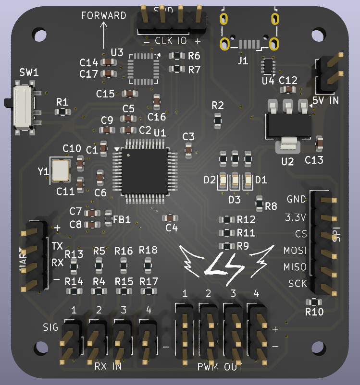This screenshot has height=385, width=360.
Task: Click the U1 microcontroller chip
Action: [145, 171]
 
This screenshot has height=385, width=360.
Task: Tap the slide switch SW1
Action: [23, 107]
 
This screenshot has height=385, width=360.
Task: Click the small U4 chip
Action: [268, 66]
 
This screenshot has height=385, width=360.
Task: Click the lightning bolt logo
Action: [224, 263]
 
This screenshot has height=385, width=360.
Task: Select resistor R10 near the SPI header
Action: [314, 302]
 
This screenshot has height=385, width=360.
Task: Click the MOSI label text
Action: [295, 251]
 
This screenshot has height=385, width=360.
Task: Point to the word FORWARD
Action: [104, 15]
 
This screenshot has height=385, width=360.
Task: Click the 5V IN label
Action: [325, 100]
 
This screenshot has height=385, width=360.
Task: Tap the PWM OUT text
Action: [220, 367]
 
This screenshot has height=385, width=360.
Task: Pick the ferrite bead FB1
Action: [108, 218]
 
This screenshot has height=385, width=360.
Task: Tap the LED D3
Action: [235, 181]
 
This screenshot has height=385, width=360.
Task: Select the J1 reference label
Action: [243, 60]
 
